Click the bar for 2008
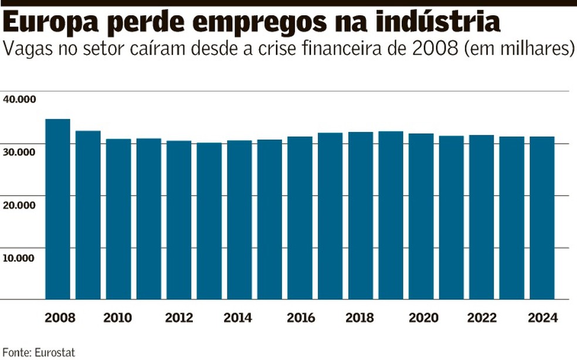point(57,209)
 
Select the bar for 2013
point(209,220)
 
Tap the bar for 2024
point(542,218)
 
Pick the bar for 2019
point(391,215)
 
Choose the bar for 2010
point(118,219)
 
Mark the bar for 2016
point(300,218)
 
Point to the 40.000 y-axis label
point(19,99)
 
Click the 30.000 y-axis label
point(19,151)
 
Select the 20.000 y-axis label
point(19,204)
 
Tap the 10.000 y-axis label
point(19,256)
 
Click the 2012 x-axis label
point(179,318)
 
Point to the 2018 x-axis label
point(360,318)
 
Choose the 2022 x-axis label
point(481,318)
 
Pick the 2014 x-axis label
point(238,318)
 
